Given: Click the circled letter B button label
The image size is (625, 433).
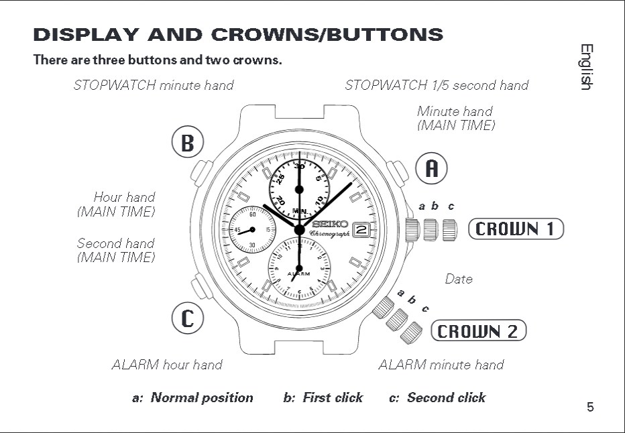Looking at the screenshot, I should pos(188,143).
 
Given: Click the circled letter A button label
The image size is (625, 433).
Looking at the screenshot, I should pos(432,169).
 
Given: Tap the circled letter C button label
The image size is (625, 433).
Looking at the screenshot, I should pos(188,318).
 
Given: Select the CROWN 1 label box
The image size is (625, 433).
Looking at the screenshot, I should pos(516,229).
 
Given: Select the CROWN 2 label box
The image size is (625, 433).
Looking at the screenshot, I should pos(478,331).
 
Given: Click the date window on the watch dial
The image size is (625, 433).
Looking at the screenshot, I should pos(361,229).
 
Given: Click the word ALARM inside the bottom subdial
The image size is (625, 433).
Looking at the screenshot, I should pos(298,274).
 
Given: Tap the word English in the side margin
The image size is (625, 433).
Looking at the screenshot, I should pos(586,67).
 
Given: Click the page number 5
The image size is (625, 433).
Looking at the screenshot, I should pos(590,407).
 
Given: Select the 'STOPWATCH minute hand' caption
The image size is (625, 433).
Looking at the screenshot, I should pos(154,85).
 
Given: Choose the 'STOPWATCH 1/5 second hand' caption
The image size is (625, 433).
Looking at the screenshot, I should pos(437,85).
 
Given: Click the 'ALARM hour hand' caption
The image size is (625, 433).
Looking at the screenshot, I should pos(167,365).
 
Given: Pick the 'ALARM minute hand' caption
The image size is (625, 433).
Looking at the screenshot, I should pos(441,365).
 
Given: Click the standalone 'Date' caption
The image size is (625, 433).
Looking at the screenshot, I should pos(459,279).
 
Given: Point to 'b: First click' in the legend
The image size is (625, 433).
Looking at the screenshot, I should pos(323,397).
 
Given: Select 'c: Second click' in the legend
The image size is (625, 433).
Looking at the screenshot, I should pos(437,397).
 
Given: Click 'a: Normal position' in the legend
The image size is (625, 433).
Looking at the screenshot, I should pos(193,397).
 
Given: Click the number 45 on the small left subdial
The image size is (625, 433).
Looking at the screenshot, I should pos(237,230).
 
